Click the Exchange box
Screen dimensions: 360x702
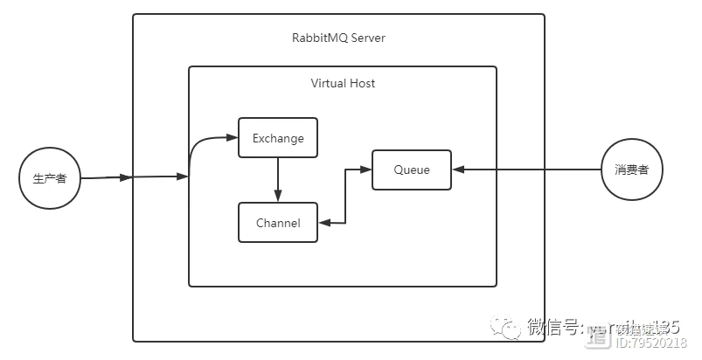click(278, 138)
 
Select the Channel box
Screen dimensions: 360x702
click(278, 223)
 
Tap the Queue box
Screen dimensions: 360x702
click(412, 170)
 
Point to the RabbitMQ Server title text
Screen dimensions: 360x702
click(338, 38)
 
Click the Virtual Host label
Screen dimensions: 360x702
click(343, 83)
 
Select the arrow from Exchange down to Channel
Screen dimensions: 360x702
click(278, 179)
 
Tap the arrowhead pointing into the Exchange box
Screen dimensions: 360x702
click(233, 138)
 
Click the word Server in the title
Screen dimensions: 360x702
click(368, 38)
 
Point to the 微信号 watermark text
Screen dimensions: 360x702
click(554, 327)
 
